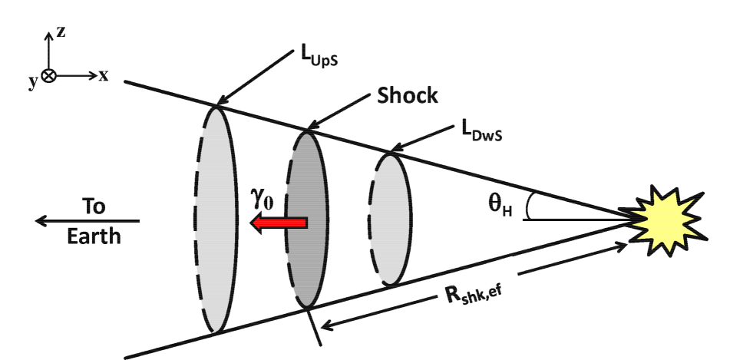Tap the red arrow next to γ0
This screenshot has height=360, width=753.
coord(280,223)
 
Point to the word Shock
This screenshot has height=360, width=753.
coord(406,96)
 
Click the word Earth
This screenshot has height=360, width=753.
coord(93,235)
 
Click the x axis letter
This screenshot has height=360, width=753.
coord(104,75)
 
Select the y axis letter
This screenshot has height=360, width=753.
coord(33,82)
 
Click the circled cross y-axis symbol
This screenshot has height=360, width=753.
coord(48,76)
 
